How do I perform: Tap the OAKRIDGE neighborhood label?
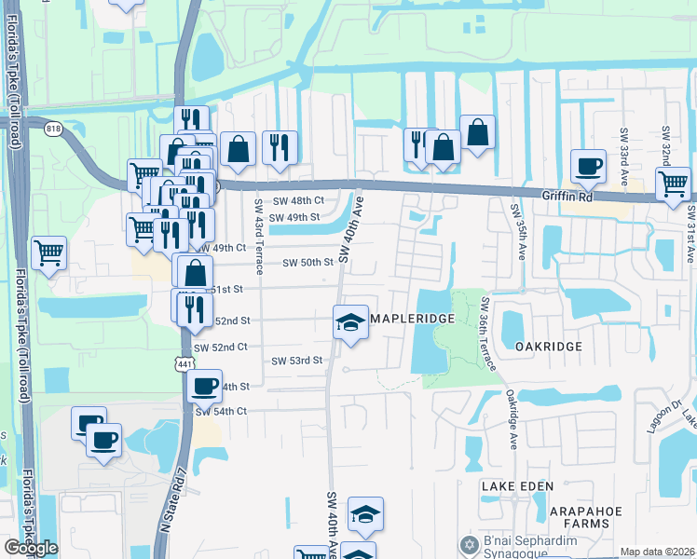549,346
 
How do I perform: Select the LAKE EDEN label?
518,486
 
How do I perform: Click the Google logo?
30,548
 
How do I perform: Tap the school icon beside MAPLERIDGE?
350,322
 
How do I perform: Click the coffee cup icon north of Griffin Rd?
587,166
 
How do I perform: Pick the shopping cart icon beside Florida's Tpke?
48,252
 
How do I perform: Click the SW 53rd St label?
296,361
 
